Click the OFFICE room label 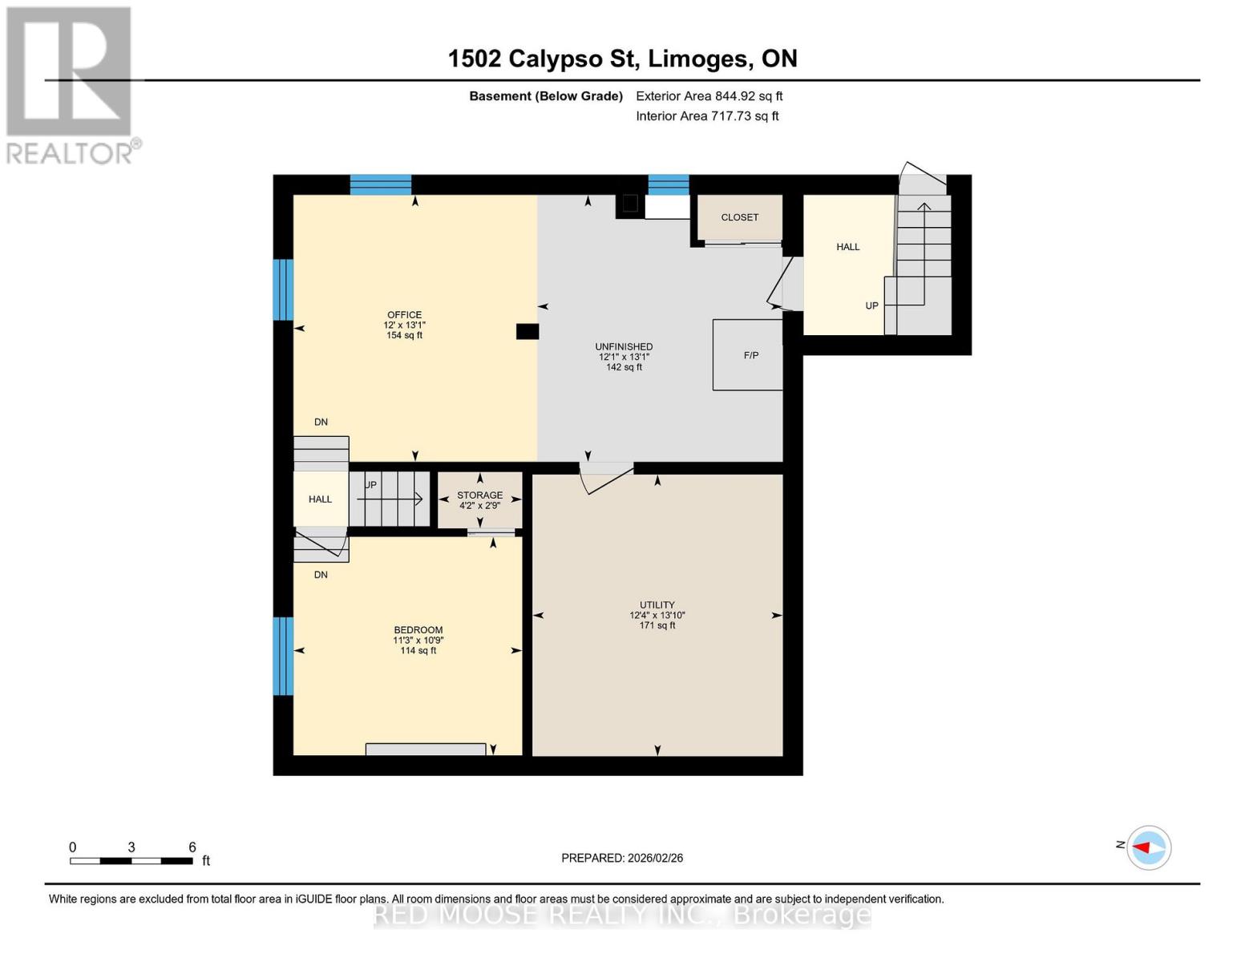(404, 315)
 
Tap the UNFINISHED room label (624, 346)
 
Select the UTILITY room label (657, 604)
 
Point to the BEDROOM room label (418, 630)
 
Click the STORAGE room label (479, 495)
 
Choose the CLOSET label (739, 217)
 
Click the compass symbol (1149, 847)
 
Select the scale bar (131, 860)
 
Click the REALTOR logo (71, 84)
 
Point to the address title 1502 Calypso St (622, 59)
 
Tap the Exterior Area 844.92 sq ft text (709, 96)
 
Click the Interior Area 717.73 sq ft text (707, 116)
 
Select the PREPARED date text (622, 858)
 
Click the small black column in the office (527, 331)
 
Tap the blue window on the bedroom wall (283, 656)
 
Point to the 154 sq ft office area (404, 335)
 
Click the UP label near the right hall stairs (871, 305)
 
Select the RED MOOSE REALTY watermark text (622, 915)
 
